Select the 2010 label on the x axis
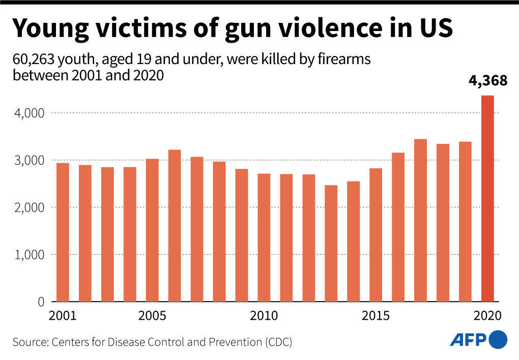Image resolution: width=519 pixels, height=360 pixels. pos(264,316)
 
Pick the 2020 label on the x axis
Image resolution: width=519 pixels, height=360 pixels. pos(487,316)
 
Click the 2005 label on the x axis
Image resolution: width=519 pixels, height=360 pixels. pos(152,316)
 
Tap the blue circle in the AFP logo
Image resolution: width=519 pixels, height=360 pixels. pos(498,339)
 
